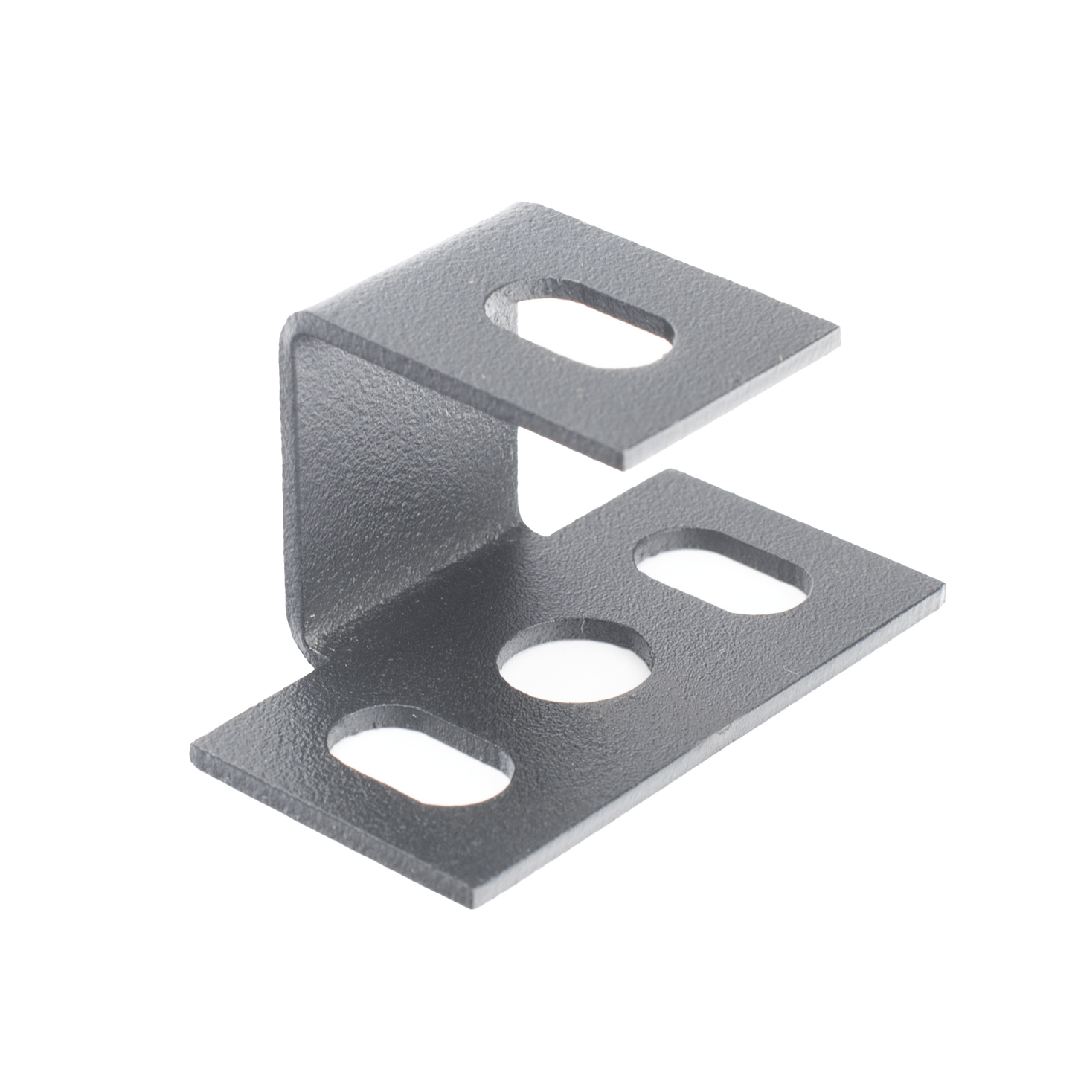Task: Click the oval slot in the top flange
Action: coord(580,328)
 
